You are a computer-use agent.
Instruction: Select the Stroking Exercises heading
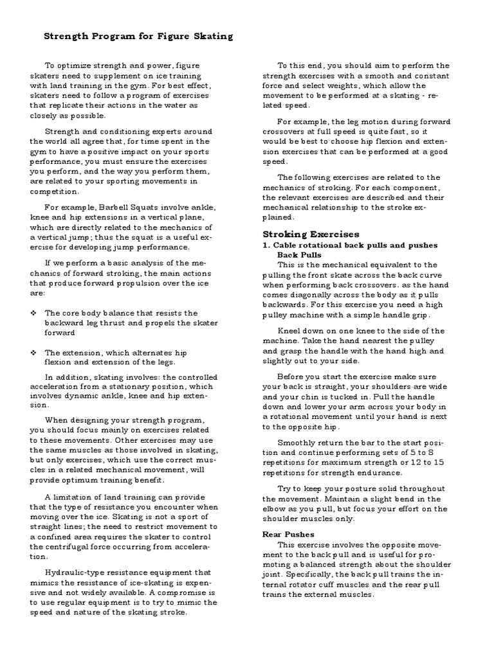pyautogui.click(x=311, y=234)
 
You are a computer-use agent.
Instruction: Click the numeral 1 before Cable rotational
pyautogui.click(x=266, y=245)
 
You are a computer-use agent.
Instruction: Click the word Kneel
pyautogui.click(x=291, y=331)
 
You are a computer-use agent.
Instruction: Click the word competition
pyautogui.click(x=54, y=191)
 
